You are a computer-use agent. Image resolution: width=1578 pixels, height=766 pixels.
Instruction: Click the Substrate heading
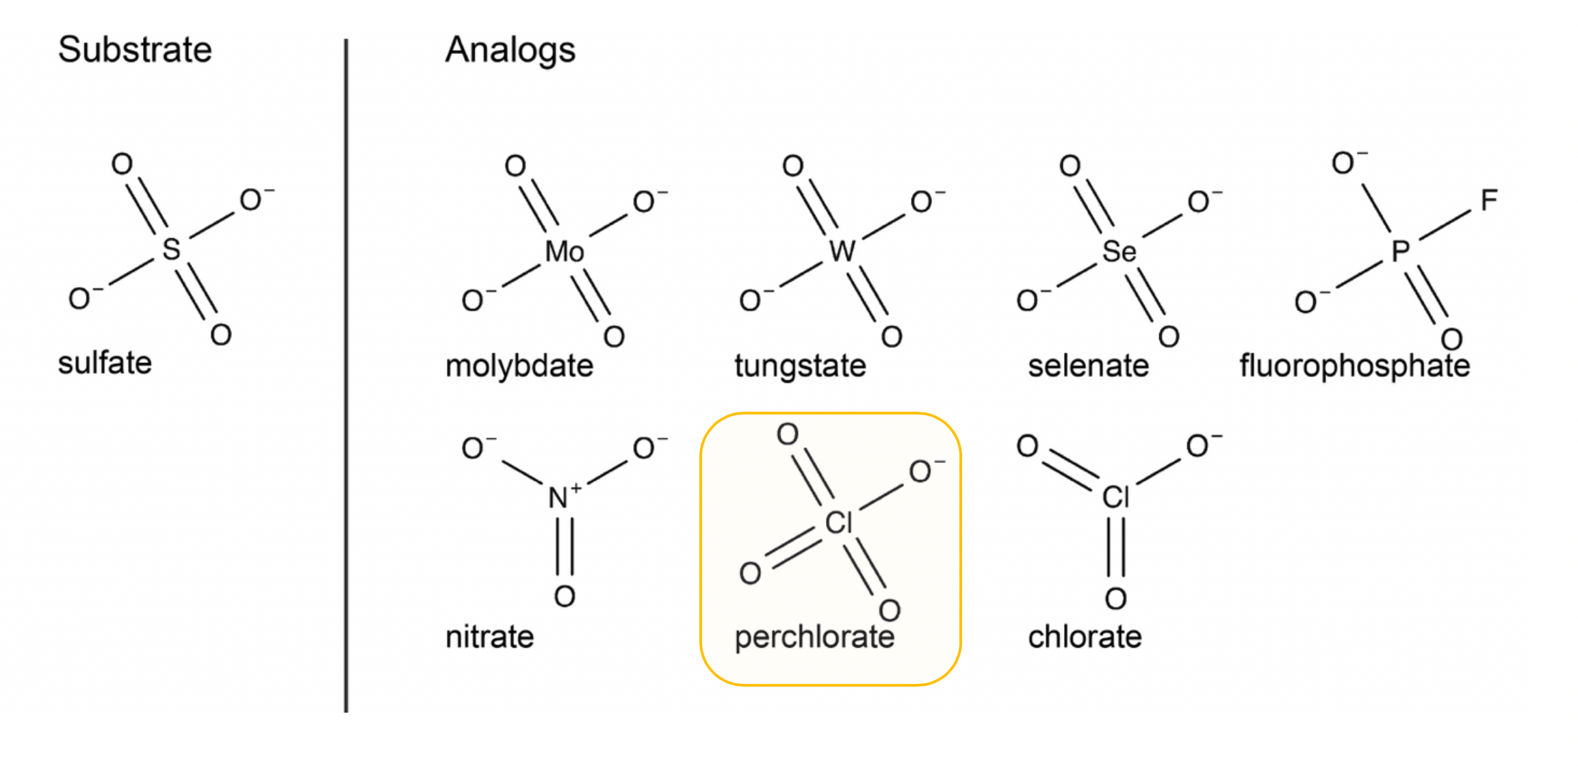pyautogui.click(x=135, y=50)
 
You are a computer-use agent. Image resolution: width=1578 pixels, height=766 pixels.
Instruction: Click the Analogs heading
pyautogui.click(x=510, y=50)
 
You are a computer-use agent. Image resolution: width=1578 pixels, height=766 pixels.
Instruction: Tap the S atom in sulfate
pyautogui.click(x=171, y=249)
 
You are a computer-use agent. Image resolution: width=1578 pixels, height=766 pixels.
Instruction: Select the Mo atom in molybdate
pyautogui.click(x=564, y=252)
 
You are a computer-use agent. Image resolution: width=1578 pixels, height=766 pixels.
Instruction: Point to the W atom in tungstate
pyautogui.click(x=842, y=251)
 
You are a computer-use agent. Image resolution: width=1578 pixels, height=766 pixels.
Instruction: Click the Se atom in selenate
pyautogui.click(x=1119, y=252)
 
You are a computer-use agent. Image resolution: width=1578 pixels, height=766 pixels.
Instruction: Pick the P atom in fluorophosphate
pyautogui.click(x=1400, y=251)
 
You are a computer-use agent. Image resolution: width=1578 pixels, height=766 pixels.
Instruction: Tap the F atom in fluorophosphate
pyautogui.click(x=1489, y=200)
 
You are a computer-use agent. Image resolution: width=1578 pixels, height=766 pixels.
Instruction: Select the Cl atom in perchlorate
pyautogui.click(x=838, y=523)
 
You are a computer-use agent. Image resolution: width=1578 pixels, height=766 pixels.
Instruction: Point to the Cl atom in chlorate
pyautogui.click(x=1115, y=497)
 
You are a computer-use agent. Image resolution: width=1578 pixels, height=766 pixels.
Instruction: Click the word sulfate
pyautogui.click(x=105, y=363)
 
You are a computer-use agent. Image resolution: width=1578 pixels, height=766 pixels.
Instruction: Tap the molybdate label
pyautogui.click(x=519, y=366)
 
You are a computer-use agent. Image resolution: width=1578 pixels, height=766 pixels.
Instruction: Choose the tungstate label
pyautogui.click(x=800, y=366)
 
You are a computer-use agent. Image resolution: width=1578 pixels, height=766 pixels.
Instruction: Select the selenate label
pyautogui.click(x=1088, y=366)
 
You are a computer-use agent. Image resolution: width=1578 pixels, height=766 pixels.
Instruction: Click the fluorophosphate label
pyautogui.click(x=1354, y=366)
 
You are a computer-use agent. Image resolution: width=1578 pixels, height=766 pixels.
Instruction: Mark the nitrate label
pyautogui.click(x=489, y=637)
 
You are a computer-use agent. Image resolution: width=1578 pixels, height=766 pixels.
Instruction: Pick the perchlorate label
pyautogui.click(x=814, y=637)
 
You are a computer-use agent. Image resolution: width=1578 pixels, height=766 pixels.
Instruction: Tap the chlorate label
pyautogui.click(x=1085, y=637)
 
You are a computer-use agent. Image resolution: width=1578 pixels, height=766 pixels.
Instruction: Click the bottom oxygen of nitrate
pyautogui.click(x=565, y=596)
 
